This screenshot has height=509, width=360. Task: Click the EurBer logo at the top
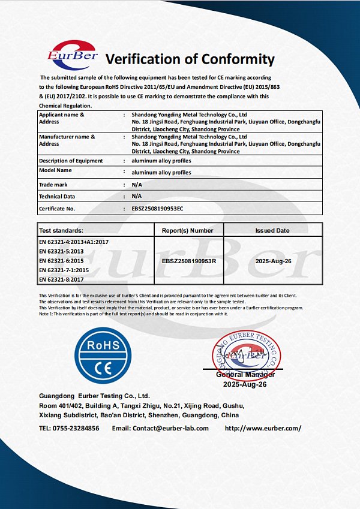click(71, 56)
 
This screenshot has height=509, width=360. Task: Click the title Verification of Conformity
click(190, 59)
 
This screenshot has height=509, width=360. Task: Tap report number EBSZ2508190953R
click(189, 262)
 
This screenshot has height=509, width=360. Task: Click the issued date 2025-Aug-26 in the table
click(272, 262)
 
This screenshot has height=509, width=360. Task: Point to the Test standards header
click(61, 230)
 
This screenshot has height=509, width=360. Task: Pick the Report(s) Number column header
click(188, 230)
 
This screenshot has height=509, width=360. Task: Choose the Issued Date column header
click(272, 230)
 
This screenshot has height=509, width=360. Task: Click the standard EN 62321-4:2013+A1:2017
click(74, 242)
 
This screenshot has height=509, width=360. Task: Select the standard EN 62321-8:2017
click(61, 280)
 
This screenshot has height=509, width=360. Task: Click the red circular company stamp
click(246, 356)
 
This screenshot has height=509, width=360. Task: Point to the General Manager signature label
click(245, 375)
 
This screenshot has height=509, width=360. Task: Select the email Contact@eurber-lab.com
click(170, 428)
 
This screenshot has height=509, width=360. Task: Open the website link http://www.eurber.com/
click(263, 428)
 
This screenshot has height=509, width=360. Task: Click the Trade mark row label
click(53, 185)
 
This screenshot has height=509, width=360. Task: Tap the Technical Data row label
click(57, 196)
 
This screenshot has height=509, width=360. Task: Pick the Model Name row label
click(56, 171)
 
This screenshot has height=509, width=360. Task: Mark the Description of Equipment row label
click(71, 161)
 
